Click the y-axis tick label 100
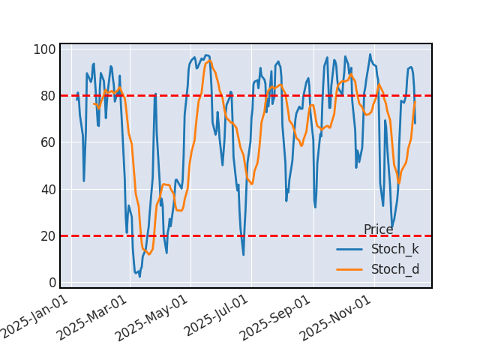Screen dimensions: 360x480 click(x=44, y=49)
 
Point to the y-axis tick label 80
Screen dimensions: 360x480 click(x=47, y=96)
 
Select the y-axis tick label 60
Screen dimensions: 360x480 click(x=47, y=142)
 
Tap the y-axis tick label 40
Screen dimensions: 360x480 click(x=47, y=189)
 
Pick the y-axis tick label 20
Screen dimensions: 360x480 click(x=47, y=235)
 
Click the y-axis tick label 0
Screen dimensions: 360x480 click(x=51, y=282)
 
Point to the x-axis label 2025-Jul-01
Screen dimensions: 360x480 click(x=217, y=316)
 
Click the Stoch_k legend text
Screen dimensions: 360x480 click(x=395, y=249)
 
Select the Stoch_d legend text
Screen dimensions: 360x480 click(x=395, y=269)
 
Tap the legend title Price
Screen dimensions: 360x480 click(x=378, y=229)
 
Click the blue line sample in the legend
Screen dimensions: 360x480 click(x=349, y=249)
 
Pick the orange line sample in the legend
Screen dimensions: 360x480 click(x=349, y=269)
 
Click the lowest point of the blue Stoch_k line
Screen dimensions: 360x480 click(x=139, y=277)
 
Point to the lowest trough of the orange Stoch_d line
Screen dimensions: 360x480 click(x=148, y=254)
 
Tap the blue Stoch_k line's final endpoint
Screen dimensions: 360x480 click(x=415, y=123)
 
